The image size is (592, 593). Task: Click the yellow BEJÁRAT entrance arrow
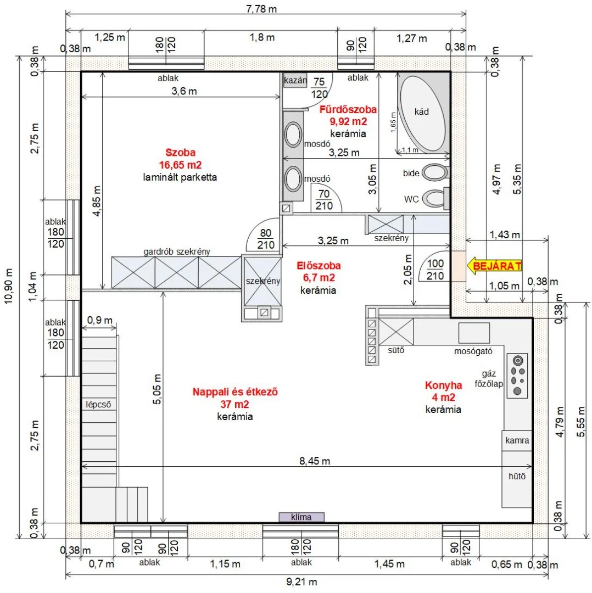494,266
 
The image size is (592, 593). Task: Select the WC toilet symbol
435,198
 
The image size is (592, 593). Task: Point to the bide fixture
436,172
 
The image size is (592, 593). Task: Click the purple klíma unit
301,517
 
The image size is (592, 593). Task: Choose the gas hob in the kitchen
517,376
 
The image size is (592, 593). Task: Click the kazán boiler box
295,80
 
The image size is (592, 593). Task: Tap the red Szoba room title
181,153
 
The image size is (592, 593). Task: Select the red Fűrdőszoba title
348,109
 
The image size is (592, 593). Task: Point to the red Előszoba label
319,266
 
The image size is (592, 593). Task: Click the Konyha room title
443,385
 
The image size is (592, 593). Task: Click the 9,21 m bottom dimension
301,581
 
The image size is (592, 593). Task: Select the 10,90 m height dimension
8,286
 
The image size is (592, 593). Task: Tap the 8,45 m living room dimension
315,461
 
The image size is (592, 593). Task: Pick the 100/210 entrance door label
435,270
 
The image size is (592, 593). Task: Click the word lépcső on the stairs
98,404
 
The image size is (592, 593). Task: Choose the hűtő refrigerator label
517,476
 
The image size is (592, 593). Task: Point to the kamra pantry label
517,440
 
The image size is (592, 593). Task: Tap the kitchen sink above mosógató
474,333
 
